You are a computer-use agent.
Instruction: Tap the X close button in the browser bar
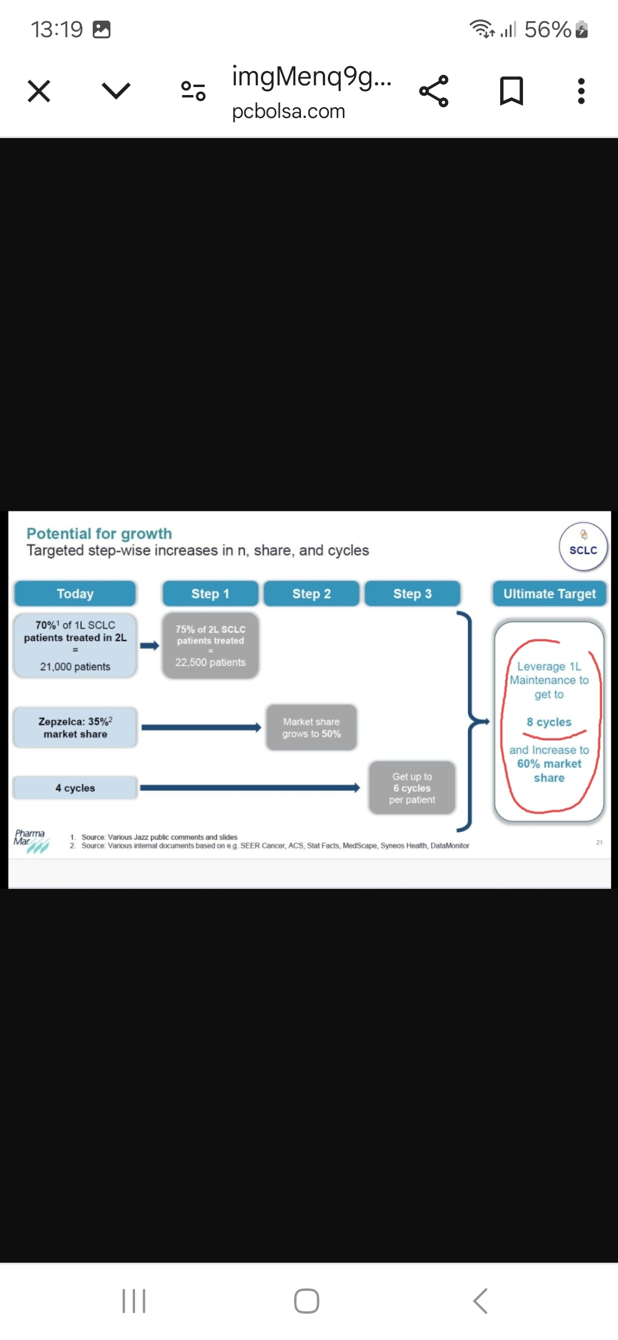tap(39, 91)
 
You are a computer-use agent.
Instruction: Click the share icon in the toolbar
tap(434, 91)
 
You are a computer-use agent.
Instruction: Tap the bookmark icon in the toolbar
tap(511, 91)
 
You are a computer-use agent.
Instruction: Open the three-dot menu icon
tap(581, 91)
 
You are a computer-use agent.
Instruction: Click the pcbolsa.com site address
tap(288, 111)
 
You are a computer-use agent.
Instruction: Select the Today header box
tap(75, 594)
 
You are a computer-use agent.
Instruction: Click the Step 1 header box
tap(210, 594)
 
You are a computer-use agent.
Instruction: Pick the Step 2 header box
tap(311, 594)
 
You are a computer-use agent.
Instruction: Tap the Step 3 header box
tap(412, 594)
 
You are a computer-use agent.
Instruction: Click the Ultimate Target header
tap(549, 594)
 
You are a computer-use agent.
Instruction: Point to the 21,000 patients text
tap(75, 667)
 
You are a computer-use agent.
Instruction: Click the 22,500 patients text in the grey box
tap(210, 663)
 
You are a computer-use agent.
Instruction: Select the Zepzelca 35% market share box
tap(75, 728)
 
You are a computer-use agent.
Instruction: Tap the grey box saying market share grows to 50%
tap(311, 728)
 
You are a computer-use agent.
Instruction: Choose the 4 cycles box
tap(75, 788)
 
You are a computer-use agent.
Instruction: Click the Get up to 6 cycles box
tap(412, 788)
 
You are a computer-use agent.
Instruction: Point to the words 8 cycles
tap(549, 722)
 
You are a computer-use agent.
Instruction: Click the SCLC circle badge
tap(583, 547)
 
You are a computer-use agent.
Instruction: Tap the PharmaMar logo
tap(30, 841)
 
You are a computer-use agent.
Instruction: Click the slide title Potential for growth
tap(99, 534)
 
